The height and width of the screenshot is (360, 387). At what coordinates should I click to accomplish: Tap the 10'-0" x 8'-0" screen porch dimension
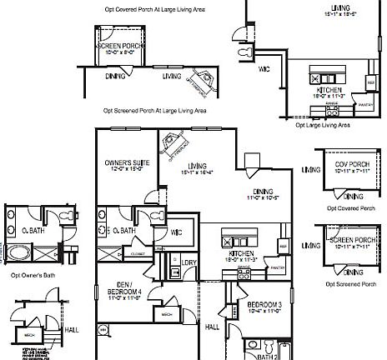(117, 52)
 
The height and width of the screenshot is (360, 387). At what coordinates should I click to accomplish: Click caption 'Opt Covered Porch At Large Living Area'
(155, 8)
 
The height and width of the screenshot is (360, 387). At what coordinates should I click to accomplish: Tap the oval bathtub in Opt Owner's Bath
(18, 253)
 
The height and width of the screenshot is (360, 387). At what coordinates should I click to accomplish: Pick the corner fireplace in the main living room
(173, 142)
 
